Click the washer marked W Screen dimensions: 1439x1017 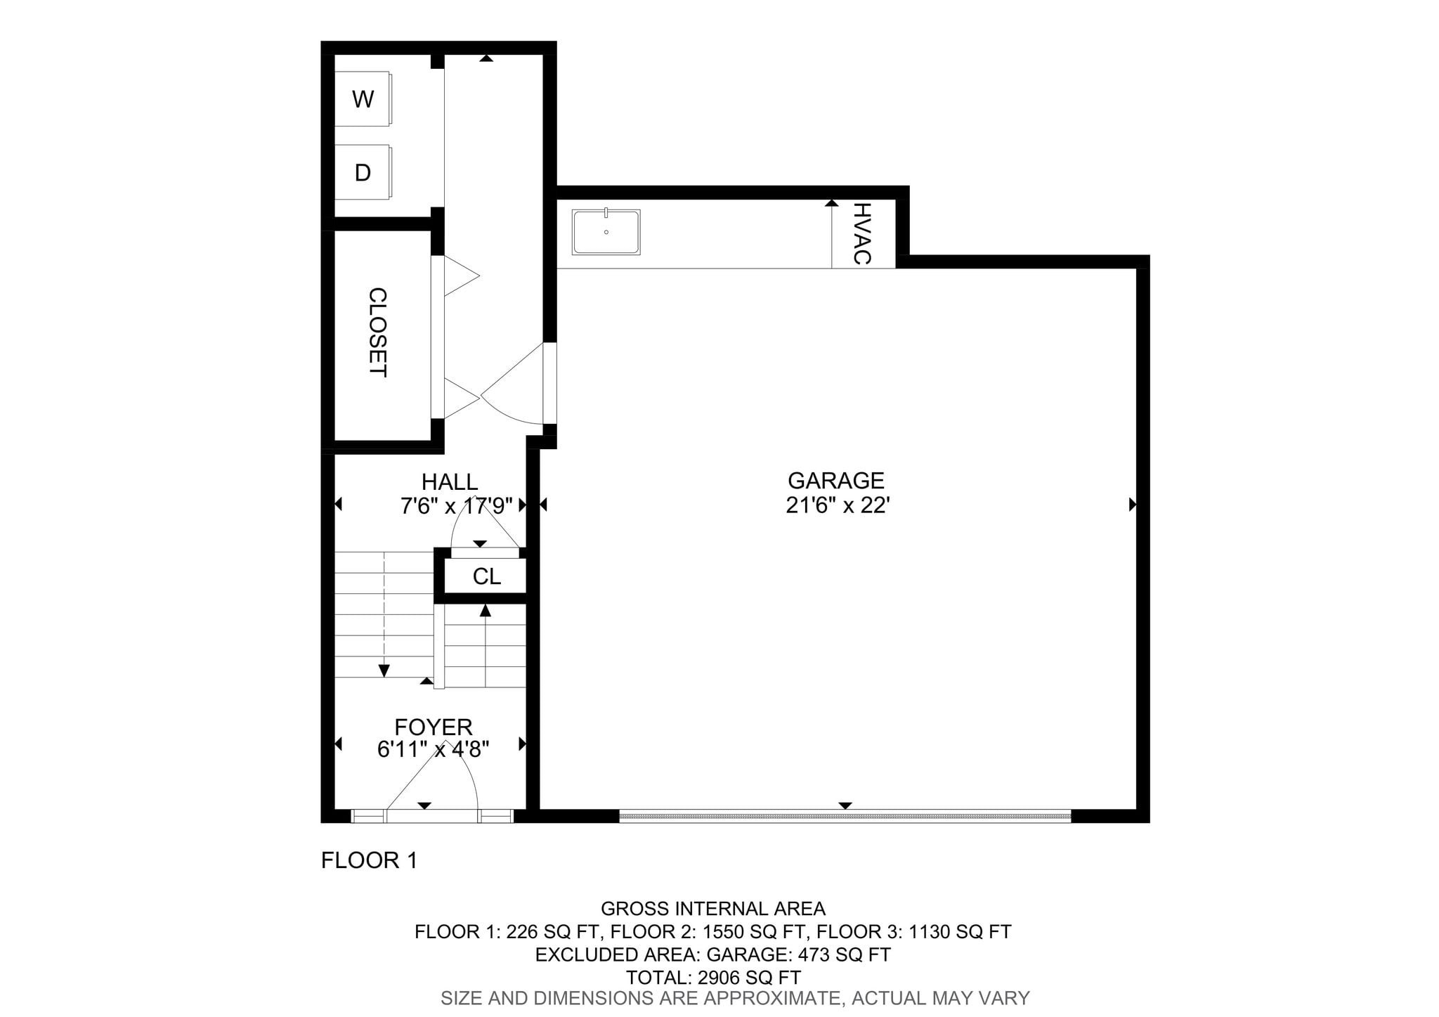pos(363,98)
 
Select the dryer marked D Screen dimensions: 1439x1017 pos(363,172)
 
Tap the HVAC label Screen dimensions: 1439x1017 pos(862,233)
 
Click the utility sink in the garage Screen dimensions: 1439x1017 pos(606,232)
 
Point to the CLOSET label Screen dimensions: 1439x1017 pos(378,332)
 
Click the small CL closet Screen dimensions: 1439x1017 pos(486,576)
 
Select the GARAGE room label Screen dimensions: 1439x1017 pos(836,481)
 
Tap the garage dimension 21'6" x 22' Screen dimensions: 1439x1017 pos(838,505)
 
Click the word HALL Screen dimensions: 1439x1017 pos(450,482)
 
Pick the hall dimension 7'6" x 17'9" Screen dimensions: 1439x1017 pos(457,506)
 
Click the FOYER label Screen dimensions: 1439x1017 pos(434,727)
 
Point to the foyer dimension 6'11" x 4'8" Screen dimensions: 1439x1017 pos(434,750)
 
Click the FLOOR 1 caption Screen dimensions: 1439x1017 pos(370,860)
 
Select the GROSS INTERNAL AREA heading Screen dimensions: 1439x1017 pos(713,909)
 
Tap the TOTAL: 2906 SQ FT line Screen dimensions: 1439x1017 pos(713,978)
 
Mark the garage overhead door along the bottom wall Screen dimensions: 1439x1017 pos(845,816)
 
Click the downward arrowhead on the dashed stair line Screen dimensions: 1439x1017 pos(384,671)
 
